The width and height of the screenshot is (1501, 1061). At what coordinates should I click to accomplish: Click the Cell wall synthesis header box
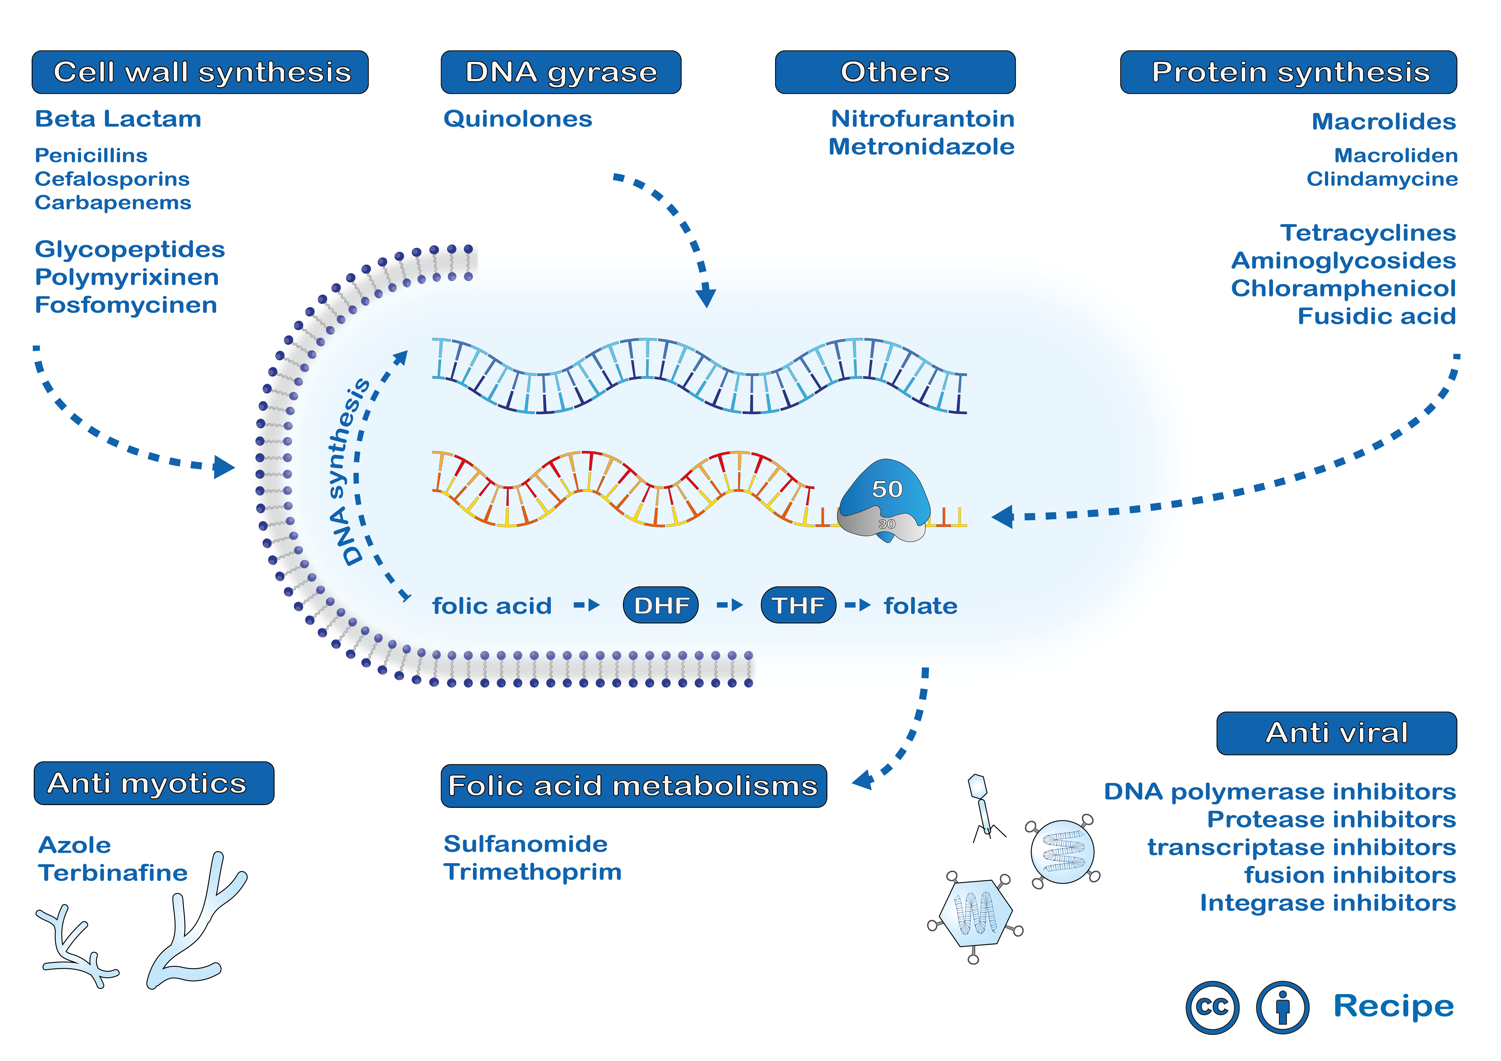point(200,72)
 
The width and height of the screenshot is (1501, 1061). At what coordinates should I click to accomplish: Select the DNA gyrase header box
point(561,72)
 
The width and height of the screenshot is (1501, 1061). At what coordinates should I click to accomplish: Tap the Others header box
point(895,72)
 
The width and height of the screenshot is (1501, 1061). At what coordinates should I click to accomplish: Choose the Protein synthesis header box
point(1289,72)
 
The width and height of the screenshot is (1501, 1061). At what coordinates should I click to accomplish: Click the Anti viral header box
point(1337,733)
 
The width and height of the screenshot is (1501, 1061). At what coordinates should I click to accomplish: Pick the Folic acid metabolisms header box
point(633,786)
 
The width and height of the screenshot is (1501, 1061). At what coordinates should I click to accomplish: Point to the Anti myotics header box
point(154,783)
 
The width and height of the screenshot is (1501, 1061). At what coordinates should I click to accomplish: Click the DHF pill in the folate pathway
point(661,605)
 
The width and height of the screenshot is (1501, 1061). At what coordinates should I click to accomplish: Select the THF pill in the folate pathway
point(798,605)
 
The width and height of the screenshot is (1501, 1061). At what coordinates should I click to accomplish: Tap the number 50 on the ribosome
point(887,489)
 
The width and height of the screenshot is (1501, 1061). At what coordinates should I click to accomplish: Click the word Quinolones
point(518,119)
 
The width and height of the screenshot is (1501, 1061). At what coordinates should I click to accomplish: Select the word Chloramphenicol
point(1344,288)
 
